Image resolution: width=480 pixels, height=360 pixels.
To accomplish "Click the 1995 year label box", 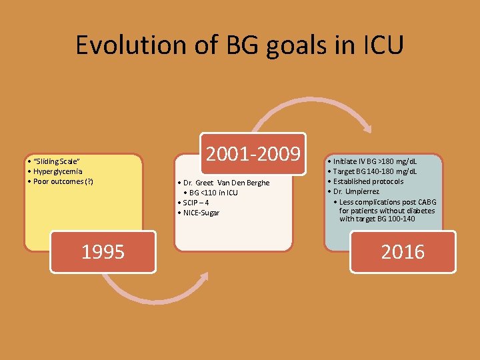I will [x=103, y=251].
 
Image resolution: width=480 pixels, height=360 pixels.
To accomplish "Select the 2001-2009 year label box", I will [x=253, y=154].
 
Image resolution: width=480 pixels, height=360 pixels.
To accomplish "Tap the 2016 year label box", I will [x=403, y=251].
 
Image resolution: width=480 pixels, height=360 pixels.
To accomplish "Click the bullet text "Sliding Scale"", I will [x=54, y=162].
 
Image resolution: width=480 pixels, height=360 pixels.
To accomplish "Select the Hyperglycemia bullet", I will [x=55, y=171].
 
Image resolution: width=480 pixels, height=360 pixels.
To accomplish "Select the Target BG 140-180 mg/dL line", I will [x=376, y=171].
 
